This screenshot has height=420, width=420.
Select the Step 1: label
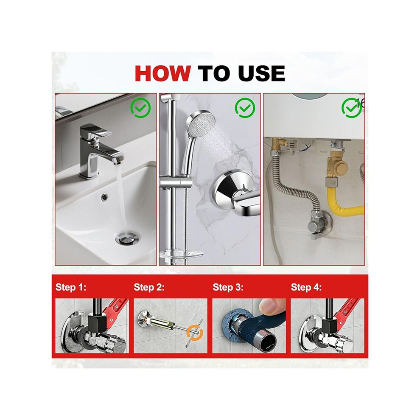[x=71, y=287]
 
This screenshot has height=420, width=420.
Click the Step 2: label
[x=149, y=287]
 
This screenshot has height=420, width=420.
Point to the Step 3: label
[x=228, y=287]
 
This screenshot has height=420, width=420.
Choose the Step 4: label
[x=306, y=287]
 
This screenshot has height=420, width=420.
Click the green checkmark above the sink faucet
[x=140, y=108]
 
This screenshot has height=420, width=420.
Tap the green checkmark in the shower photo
[x=245, y=108]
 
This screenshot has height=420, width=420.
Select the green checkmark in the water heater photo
[x=351, y=108]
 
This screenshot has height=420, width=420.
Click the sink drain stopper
[x=124, y=238]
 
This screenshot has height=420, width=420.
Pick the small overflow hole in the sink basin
[x=104, y=197]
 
